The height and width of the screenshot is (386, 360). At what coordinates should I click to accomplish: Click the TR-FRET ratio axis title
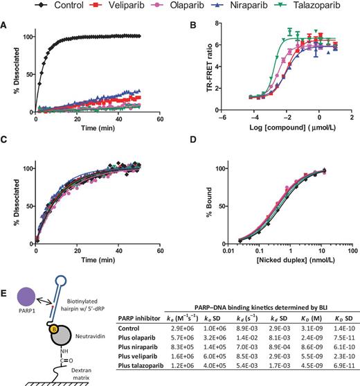(201, 73)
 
